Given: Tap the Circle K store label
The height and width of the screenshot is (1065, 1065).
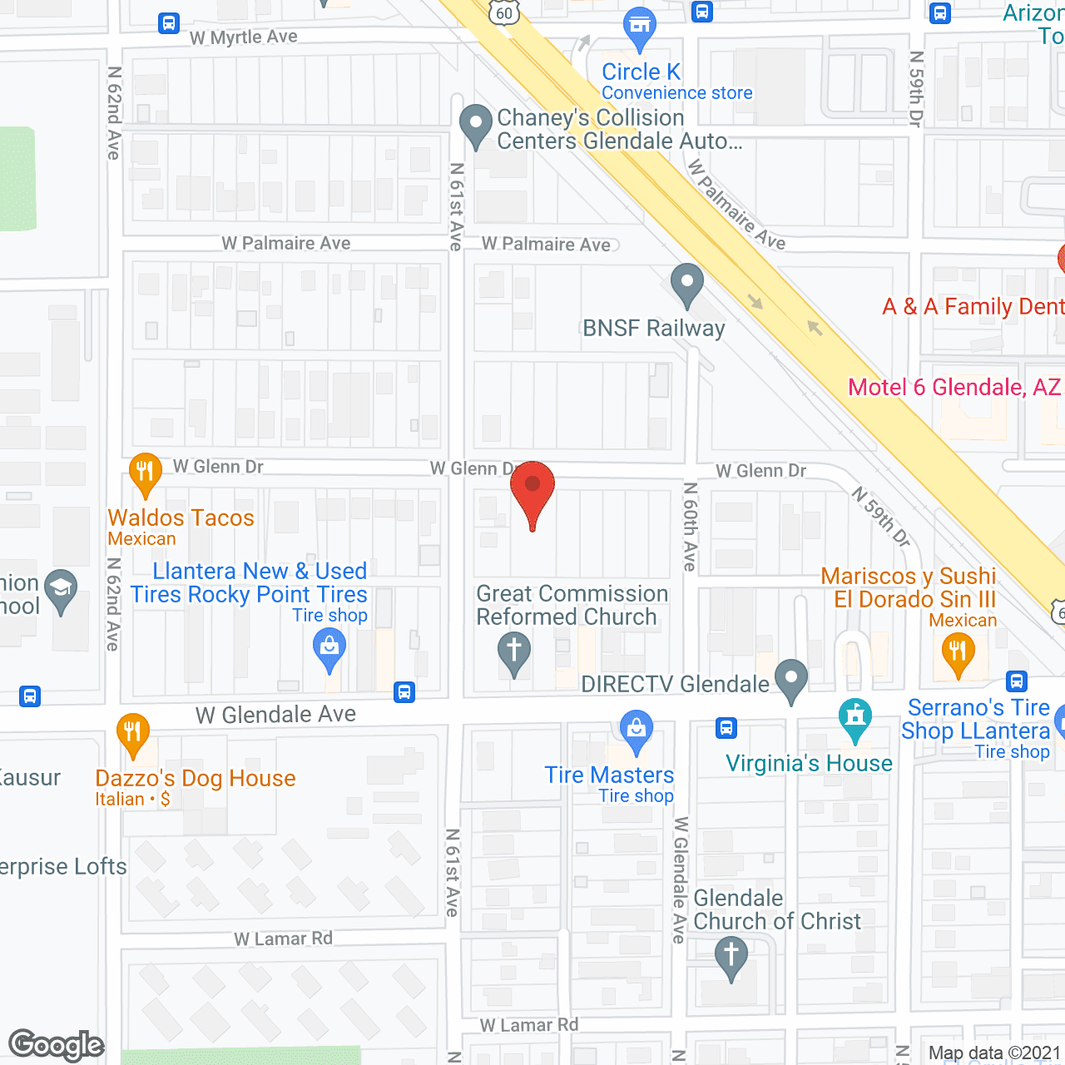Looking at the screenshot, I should (x=641, y=72).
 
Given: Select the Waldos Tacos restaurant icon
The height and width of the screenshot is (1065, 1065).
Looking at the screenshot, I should (x=146, y=473).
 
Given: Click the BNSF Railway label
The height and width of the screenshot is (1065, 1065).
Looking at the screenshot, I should (x=653, y=328).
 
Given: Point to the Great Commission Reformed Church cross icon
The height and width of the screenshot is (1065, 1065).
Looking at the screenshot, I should (x=514, y=651).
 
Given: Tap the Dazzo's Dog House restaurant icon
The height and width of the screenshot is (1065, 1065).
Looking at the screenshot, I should (x=133, y=734).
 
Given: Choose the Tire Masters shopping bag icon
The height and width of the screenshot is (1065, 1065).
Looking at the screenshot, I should (x=637, y=730).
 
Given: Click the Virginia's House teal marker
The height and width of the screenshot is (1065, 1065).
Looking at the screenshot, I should (x=854, y=718).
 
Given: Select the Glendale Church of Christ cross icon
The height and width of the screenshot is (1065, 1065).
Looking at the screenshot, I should (x=731, y=956).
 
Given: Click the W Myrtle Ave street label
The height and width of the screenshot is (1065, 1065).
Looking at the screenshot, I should (x=243, y=37).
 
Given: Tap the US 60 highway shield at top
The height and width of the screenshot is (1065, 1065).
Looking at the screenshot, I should (x=504, y=12).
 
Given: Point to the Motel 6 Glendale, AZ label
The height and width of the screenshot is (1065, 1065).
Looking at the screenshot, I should (x=954, y=387).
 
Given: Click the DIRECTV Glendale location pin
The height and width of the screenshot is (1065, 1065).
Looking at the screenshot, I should (x=790, y=679).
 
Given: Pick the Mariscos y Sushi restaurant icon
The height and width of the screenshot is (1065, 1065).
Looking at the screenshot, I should (x=958, y=652).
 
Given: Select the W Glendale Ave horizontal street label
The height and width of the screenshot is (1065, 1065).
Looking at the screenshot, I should (x=275, y=715).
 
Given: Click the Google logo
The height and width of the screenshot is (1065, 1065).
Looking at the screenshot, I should (x=57, y=1045).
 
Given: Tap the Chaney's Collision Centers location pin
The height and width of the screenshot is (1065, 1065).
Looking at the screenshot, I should (x=476, y=125).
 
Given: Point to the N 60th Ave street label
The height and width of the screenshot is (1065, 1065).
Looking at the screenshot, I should (x=690, y=526).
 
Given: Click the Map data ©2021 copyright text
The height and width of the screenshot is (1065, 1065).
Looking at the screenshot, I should (x=994, y=1053).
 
